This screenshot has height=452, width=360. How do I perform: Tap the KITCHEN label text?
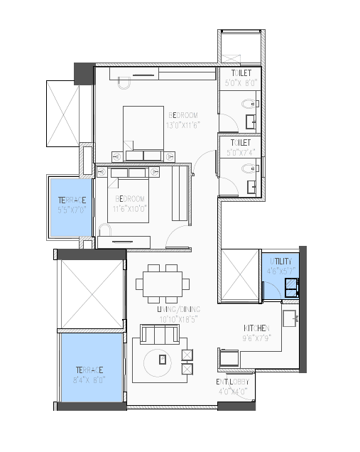[x=256, y=328]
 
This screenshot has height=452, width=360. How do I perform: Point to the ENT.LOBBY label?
[x=232, y=382]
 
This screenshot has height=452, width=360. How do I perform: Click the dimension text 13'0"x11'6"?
[x=182, y=124]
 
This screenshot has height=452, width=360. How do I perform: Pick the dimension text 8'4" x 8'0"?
[x=91, y=380]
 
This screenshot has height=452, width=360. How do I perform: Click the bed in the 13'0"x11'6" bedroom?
[x=146, y=131]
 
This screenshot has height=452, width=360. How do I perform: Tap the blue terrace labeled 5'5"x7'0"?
[x=70, y=205]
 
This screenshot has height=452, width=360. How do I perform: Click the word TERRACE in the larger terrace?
[x=91, y=370]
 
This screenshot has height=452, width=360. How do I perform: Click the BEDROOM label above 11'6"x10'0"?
[x=130, y=198]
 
